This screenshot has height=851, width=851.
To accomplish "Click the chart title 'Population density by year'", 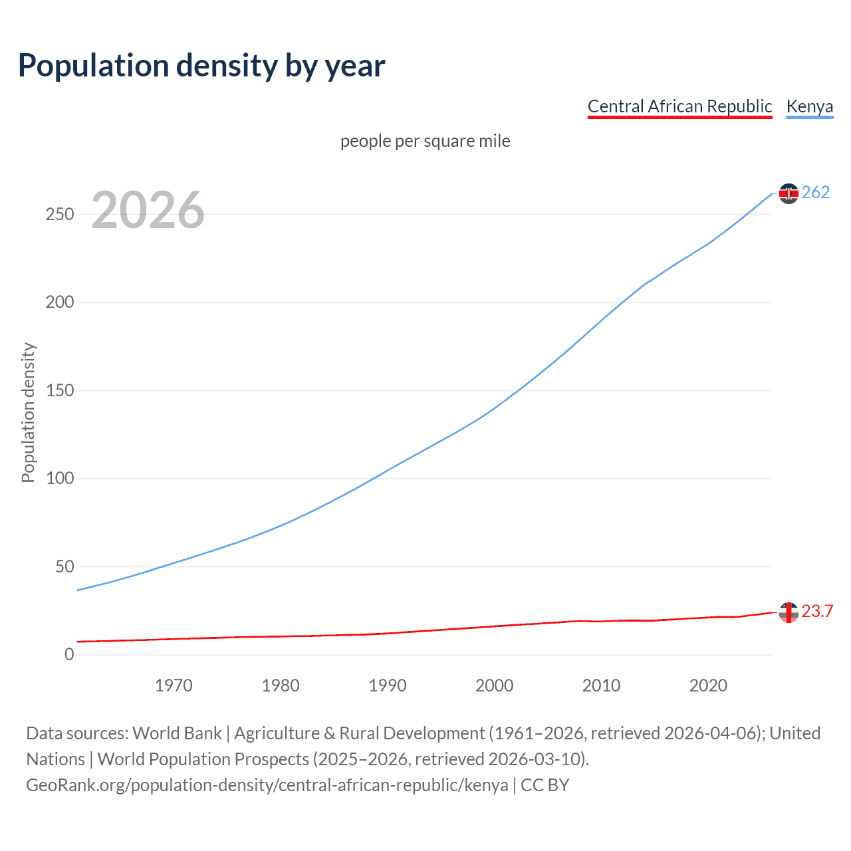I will tap(201, 66).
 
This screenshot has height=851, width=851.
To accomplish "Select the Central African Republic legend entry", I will tap(679, 106).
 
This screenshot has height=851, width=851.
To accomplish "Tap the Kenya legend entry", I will tap(809, 106).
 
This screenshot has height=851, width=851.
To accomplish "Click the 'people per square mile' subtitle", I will tap(425, 141).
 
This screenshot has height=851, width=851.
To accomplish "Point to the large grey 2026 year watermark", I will tap(148, 210).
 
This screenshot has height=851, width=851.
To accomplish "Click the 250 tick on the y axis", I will tap(60, 214).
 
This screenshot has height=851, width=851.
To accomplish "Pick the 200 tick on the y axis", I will tap(60, 303).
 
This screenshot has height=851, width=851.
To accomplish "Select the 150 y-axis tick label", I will tap(60, 390).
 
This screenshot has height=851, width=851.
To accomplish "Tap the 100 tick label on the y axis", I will tap(60, 479).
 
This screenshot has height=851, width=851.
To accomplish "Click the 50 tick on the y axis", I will tap(64, 566).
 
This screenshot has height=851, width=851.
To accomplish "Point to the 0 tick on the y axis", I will tap(69, 654).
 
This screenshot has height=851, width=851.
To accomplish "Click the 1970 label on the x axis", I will tap(174, 685).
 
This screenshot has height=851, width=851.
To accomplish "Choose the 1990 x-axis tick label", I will tap(388, 685).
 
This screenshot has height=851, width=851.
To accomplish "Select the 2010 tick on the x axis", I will tap(601, 685).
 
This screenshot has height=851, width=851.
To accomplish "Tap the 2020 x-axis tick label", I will tap(708, 685).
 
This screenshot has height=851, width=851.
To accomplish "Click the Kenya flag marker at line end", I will tap(789, 193).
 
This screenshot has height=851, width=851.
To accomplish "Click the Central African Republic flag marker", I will tap(789, 612).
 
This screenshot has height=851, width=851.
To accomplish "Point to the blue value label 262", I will tap(816, 193).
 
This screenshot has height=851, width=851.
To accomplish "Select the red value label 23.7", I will tap(817, 612).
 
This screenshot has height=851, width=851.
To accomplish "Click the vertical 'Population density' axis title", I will tap(28, 412).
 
